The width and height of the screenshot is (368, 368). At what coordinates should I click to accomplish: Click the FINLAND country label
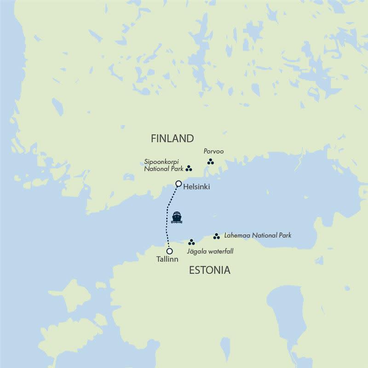pyautogui.click(x=172, y=138)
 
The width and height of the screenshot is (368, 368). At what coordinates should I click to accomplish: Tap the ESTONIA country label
pyautogui.click(x=209, y=270)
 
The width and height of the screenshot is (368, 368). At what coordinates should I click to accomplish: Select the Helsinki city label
pyautogui.click(x=196, y=187)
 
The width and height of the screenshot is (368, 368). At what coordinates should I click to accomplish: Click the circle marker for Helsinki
pyautogui.click(x=178, y=184)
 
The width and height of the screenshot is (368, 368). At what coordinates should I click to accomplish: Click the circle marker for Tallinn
pyautogui.click(x=170, y=251)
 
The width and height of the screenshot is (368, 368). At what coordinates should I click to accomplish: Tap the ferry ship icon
pyautogui.click(x=177, y=217)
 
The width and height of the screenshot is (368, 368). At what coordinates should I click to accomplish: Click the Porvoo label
pyautogui.click(x=213, y=151)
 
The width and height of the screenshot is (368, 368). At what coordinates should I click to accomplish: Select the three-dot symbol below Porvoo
pyautogui.click(x=210, y=161)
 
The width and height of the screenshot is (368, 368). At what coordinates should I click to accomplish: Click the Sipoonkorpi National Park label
pyautogui.click(x=164, y=165)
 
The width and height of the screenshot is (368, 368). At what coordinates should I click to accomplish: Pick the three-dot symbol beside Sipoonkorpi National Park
pyautogui.click(x=189, y=168)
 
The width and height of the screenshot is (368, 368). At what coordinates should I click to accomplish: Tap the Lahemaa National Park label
pyautogui.click(x=258, y=236)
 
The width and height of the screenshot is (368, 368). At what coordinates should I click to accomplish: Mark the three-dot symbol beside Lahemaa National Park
pyautogui.click(x=216, y=236)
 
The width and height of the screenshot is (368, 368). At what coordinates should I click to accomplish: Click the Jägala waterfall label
pyautogui.click(x=210, y=251)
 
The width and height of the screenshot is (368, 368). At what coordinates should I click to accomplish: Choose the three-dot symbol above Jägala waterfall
pyautogui.click(x=191, y=242)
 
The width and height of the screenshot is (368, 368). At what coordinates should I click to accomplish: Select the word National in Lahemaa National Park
pyautogui.click(x=261, y=236)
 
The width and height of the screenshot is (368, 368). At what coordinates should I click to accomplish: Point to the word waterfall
pyautogui.click(x=220, y=251)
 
